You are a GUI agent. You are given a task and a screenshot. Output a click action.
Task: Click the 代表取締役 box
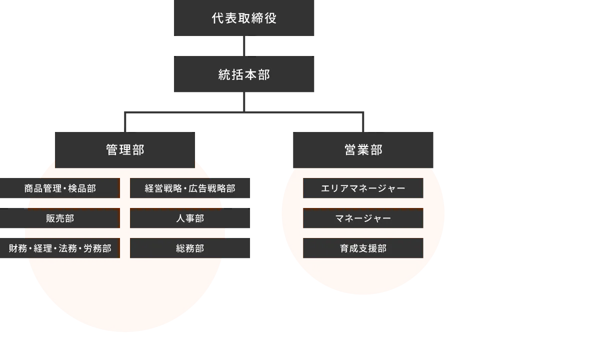pyautogui.click(x=243, y=18)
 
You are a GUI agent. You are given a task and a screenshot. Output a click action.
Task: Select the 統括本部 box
pyautogui.click(x=243, y=75)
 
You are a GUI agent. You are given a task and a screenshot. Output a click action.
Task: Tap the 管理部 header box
pyautogui.click(x=124, y=150)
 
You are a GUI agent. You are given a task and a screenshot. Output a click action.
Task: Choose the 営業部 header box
pyautogui.click(x=363, y=150)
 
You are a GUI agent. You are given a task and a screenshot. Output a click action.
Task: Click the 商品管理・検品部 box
pyautogui.click(x=60, y=188)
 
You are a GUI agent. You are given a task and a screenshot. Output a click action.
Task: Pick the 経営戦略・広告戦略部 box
pyautogui.click(x=190, y=188)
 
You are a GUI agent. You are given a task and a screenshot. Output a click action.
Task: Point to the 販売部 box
pyautogui.click(x=60, y=218)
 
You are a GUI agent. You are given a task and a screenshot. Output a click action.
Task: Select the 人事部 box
pyautogui.click(x=190, y=218)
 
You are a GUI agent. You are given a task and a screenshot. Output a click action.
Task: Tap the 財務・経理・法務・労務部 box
pyautogui.click(x=60, y=248)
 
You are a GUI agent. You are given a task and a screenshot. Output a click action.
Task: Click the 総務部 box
pyautogui.click(x=190, y=248)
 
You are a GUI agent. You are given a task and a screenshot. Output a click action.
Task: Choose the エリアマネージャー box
pyautogui.click(x=363, y=188)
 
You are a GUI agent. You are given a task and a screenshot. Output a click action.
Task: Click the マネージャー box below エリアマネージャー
pyautogui.click(x=363, y=218)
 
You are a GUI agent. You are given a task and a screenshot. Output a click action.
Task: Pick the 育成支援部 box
pyautogui.click(x=363, y=248)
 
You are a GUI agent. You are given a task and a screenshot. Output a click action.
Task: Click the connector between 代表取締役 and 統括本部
pyautogui.click(x=244, y=45)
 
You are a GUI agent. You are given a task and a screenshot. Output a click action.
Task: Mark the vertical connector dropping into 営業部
pyautogui.click(x=363, y=123)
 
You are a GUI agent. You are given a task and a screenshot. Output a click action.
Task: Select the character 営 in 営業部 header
pyautogui.click(x=350, y=150)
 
